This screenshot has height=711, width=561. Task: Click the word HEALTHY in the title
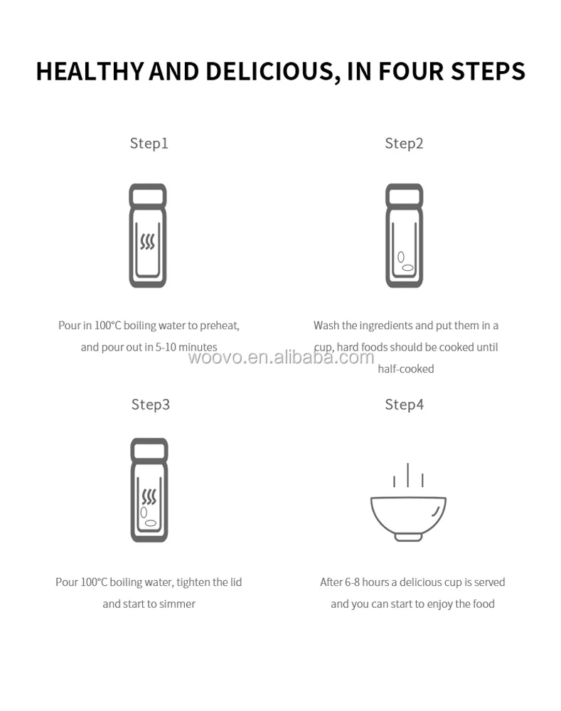(x=90, y=72)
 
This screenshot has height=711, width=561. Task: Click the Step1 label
(x=149, y=144)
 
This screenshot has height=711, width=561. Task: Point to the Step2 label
(x=404, y=144)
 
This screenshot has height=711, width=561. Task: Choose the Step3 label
(x=151, y=405)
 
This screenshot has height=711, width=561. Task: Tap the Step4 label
(x=405, y=405)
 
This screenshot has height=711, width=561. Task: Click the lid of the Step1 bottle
(x=148, y=196)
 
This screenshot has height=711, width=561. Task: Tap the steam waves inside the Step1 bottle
(x=147, y=241)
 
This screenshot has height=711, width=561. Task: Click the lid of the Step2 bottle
(x=404, y=196)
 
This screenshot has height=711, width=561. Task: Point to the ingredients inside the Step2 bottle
(x=405, y=262)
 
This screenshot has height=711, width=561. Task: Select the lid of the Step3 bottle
(x=149, y=450)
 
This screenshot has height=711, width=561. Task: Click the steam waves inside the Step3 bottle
(x=149, y=496)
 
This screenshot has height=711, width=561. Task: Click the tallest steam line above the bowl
(x=407, y=475)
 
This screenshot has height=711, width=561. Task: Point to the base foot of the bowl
(x=408, y=538)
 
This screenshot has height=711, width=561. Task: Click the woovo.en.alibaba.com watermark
(x=281, y=358)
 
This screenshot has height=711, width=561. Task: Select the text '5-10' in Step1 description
(x=166, y=348)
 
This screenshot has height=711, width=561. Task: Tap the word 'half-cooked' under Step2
(x=406, y=369)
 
